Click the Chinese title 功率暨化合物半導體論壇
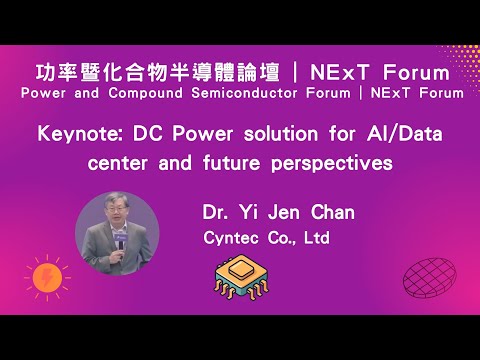pyautogui.click(x=148, y=72)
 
